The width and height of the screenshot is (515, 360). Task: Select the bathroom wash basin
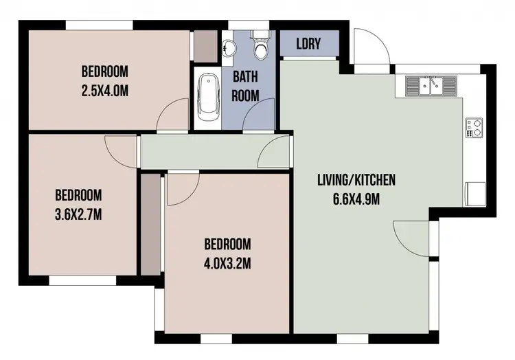pos(229,47)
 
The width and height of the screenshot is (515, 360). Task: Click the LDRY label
pos(309,43)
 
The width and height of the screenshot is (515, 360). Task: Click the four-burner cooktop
pos(474,128)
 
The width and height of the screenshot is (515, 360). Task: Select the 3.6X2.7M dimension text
pos(78,213)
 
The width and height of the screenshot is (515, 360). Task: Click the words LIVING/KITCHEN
pos(356,181)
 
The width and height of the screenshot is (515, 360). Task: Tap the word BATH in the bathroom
pos(244,76)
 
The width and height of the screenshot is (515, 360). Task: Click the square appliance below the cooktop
pos(474,192)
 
